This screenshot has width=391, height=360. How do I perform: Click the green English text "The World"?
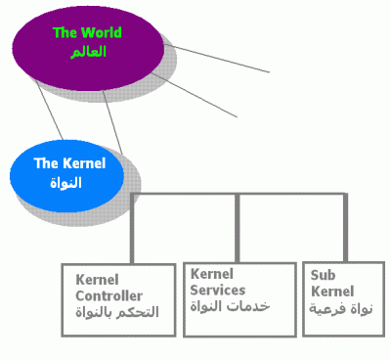[x=87, y=32]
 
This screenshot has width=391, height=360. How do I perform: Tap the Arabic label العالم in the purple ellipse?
[x=88, y=52]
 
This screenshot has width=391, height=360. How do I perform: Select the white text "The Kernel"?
[x=69, y=163]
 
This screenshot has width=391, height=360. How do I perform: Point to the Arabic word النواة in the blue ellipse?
[x=65, y=182]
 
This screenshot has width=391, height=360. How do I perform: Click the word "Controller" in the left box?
[x=109, y=296]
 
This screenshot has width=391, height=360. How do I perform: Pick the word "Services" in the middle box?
[x=218, y=290]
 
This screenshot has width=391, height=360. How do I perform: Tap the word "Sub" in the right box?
[x=323, y=275]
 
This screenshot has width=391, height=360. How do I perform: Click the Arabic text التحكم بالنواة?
[x=117, y=312]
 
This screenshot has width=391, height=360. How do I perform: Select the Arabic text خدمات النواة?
[x=230, y=306]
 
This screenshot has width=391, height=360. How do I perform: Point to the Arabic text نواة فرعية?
[x=340, y=308]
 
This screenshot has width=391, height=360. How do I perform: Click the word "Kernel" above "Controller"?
[x=97, y=280]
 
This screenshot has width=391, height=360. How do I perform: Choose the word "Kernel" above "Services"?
[x=212, y=274]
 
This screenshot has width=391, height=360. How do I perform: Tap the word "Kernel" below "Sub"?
[x=332, y=292]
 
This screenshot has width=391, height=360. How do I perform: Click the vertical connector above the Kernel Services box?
[x=238, y=228]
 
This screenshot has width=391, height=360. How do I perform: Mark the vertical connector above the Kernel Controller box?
[x=132, y=229]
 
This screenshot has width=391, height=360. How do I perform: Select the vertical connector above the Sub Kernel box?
[x=345, y=227]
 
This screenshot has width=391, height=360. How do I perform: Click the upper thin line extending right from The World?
[x=221, y=59]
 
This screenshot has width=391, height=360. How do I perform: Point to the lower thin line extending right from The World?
[x=195, y=95]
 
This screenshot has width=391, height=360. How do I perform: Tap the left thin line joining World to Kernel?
[x=49, y=111]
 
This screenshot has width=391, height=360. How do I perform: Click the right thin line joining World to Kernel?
[x=112, y=122]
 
